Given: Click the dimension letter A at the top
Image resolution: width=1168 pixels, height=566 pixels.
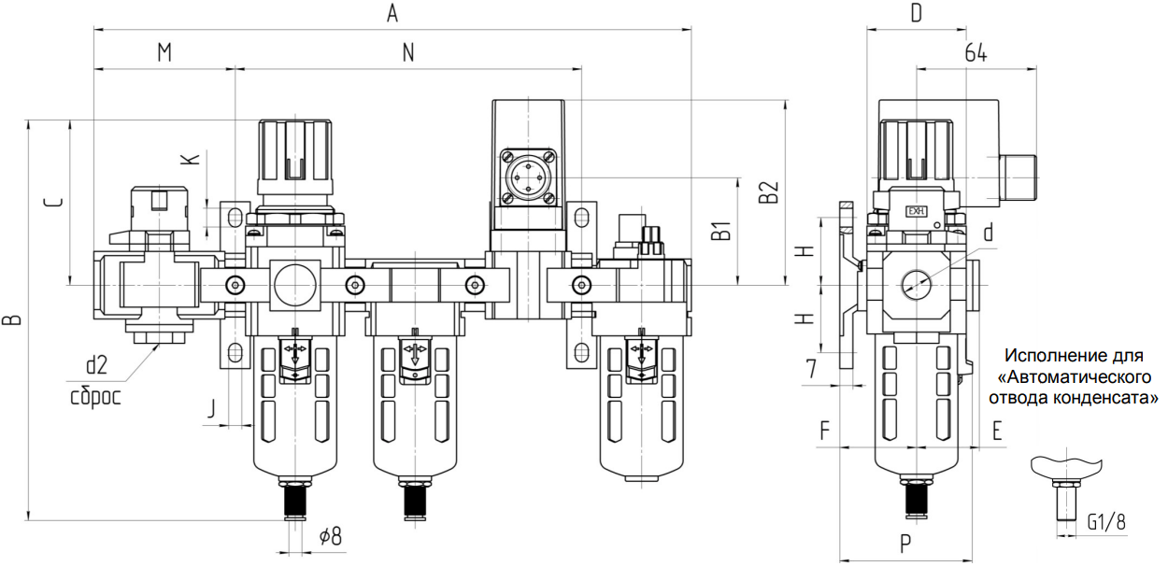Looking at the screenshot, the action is [x=392, y=13].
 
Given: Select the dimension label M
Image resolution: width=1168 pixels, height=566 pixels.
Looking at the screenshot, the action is [x=164, y=52].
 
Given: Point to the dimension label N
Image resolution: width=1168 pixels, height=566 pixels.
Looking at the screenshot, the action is [x=408, y=52].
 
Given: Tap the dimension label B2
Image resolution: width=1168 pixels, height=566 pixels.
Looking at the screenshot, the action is [x=768, y=191].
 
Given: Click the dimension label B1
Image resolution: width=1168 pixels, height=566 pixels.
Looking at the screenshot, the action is [x=721, y=231].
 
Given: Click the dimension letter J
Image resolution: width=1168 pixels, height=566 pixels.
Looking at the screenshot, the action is [x=211, y=408].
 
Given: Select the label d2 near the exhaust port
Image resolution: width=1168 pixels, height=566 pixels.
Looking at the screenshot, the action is [x=96, y=365].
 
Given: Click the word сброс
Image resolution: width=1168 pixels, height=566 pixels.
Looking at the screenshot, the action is [x=96, y=397].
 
